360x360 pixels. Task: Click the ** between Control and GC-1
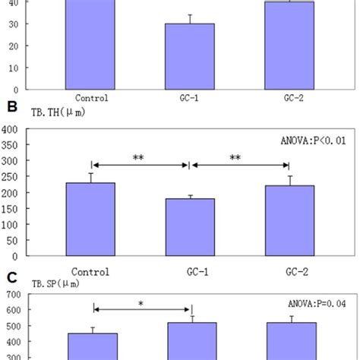tap(140, 159)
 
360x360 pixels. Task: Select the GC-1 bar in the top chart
tap(190, 56)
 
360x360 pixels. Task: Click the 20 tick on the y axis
tap(14, 46)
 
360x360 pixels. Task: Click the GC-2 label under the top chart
tap(288, 97)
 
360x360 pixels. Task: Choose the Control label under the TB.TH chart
tap(91, 271)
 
